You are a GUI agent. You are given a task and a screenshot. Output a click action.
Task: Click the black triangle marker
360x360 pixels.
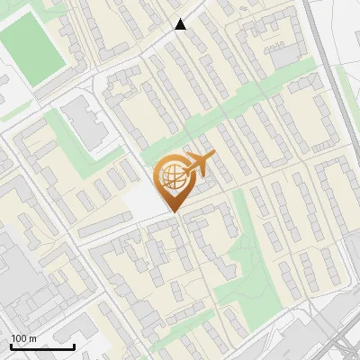point(181,24)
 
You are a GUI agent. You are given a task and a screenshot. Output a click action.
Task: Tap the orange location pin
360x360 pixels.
point(173,180)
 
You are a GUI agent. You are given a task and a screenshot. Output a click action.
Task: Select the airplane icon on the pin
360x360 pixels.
point(199,164)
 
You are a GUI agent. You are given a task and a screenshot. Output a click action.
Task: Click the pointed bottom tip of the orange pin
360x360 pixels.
point(173,212)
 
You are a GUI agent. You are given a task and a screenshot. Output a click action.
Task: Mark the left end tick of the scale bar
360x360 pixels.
point(11,346)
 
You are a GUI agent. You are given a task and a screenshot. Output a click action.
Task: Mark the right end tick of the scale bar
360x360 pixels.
point(74,346)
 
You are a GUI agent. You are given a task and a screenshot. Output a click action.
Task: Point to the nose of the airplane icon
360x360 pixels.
point(214,157)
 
